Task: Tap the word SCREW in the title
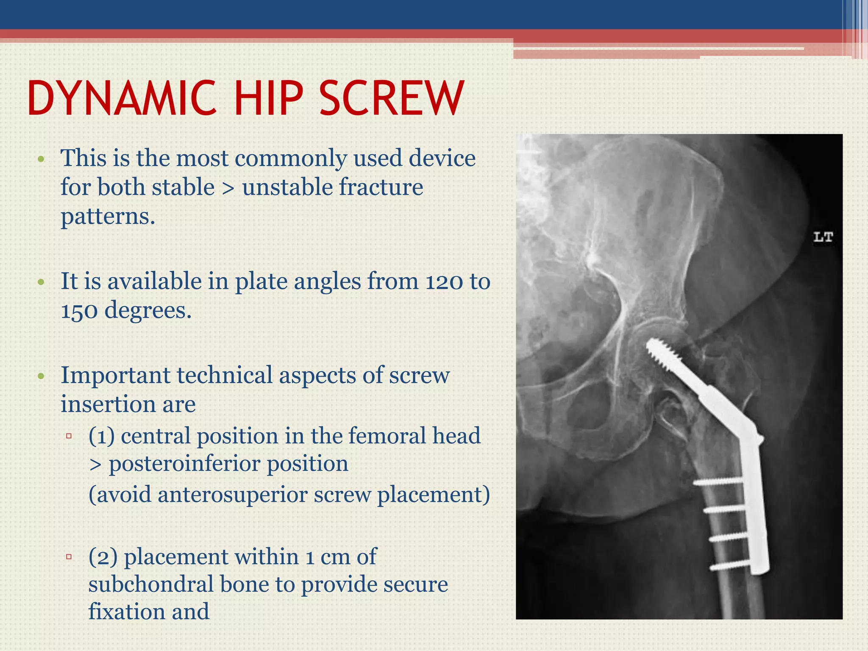click(392, 98)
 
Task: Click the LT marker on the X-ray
click(823, 237)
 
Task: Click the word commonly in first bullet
click(291, 159)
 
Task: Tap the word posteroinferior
click(228, 464)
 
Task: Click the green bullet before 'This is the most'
click(41, 160)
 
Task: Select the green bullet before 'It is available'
click(41, 283)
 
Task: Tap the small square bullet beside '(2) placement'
click(69, 556)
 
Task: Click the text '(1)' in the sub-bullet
click(101, 436)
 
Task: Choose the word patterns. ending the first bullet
click(108, 217)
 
